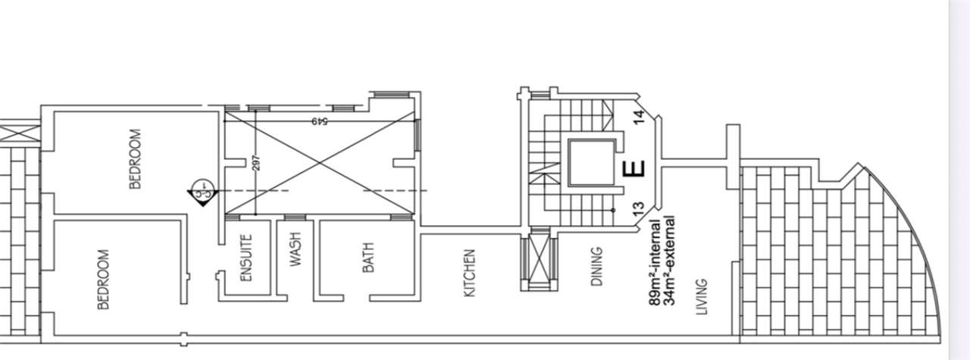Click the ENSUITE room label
tap(246, 258)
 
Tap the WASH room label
tap(295, 249)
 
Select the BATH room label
tap(368, 258)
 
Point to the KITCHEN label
tap(469, 273)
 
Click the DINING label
tap(596, 267)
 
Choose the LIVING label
tap(702, 297)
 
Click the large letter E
tap(634, 169)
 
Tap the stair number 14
tap(639, 117)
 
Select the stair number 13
tap(639, 210)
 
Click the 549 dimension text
tap(320, 121)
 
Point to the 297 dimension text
tap(255, 163)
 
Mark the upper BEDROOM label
tap(136, 159)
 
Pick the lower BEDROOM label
tap(103, 280)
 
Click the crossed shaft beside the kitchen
tap(539, 262)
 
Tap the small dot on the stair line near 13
tap(613, 210)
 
